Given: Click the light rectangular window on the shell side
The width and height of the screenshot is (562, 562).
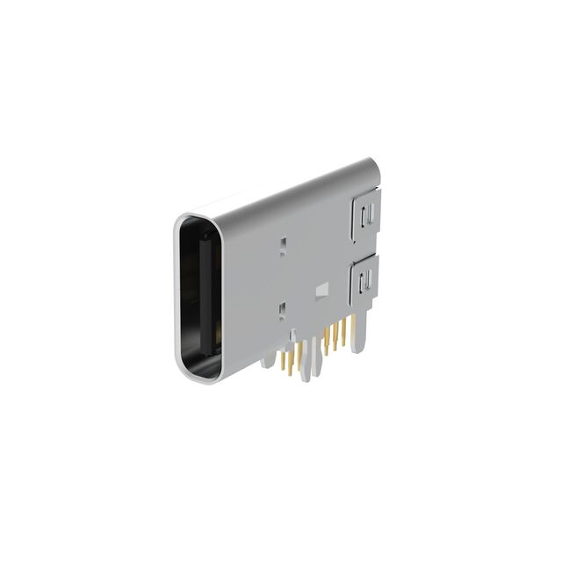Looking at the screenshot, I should (x=321, y=288).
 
